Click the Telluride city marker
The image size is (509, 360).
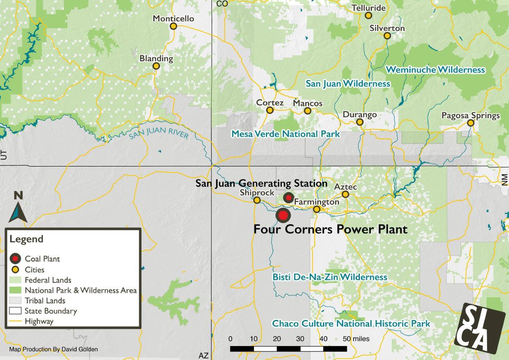(x=368, y=15)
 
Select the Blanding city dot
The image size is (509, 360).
(x=156, y=66)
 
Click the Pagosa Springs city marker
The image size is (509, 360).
(x=470, y=123)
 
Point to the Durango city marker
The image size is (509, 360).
(x=360, y=122)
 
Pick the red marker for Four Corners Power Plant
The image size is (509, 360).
(x=283, y=215)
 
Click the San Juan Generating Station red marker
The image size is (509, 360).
(x=288, y=197)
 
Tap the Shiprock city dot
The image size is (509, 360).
(x=257, y=200)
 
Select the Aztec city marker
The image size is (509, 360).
(x=345, y=194)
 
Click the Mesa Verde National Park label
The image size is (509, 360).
(x=285, y=134)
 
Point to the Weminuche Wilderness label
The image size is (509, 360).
(x=435, y=70)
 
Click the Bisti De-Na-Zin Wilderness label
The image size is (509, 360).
(x=330, y=277)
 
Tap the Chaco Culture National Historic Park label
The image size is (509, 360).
(x=351, y=324)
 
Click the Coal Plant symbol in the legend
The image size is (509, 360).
(x=15, y=259)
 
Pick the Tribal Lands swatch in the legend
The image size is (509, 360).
(x=15, y=301)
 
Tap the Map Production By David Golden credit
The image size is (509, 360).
(x=54, y=350)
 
